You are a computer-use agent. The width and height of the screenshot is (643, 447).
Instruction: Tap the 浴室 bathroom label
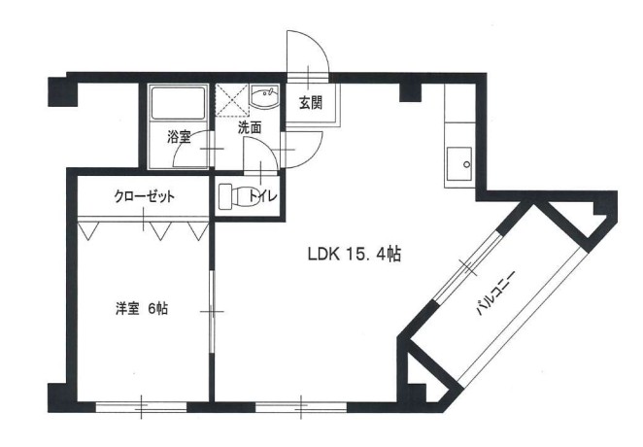178,137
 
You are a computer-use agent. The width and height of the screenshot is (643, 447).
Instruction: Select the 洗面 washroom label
250,126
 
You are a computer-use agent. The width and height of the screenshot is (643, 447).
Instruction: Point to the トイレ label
264,196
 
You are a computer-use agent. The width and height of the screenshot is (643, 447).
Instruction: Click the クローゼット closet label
144,195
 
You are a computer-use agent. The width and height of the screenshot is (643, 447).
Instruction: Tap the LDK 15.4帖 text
355,256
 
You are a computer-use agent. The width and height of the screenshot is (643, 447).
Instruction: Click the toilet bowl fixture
233,196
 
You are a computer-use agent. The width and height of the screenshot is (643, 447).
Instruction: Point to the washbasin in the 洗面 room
263,97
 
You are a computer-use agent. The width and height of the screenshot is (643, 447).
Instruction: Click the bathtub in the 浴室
179,104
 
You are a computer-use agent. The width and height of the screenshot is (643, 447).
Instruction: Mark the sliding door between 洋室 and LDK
212,311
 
